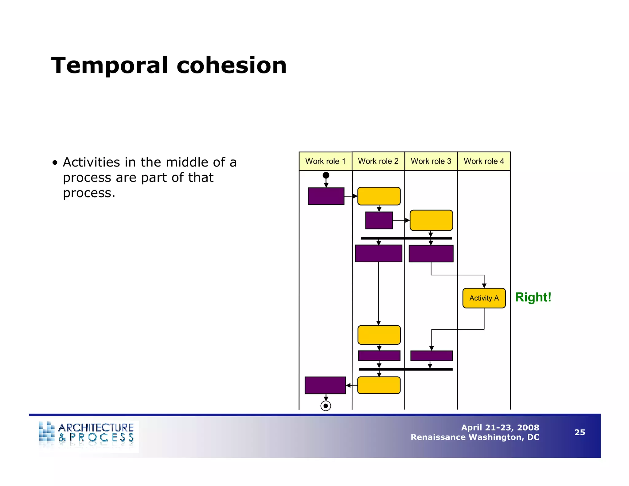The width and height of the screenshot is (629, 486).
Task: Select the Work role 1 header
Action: pyautogui.click(x=325, y=161)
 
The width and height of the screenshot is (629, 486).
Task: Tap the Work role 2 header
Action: pyautogui.click(x=378, y=161)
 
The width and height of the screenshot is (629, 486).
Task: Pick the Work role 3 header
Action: pyautogui.click(x=431, y=161)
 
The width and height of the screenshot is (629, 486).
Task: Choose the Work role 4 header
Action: pyautogui.click(x=484, y=161)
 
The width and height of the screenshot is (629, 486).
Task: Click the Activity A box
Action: pyautogui.click(x=484, y=298)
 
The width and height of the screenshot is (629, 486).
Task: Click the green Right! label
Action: pyautogui.click(x=533, y=297)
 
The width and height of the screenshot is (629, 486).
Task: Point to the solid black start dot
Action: pyautogui.click(x=326, y=175)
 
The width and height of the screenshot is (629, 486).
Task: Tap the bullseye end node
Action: pyautogui.click(x=326, y=406)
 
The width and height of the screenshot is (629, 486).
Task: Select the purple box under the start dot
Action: pyautogui.click(x=326, y=196)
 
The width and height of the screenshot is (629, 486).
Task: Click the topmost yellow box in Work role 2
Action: pyautogui.click(x=379, y=196)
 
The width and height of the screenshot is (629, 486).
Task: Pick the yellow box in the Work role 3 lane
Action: pyautogui.click(x=431, y=220)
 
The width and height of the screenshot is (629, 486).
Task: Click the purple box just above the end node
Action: pyautogui.click(x=325, y=385)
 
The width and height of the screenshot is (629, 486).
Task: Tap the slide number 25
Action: pyautogui.click(x=580, y=432)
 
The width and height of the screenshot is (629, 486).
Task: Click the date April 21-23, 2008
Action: pyautogui.click(x=500, y=427)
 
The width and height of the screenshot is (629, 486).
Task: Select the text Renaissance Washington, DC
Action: pyautogui.click(x=475, y=437)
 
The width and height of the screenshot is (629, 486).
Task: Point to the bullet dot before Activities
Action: pyautogui.click(x=55, y=163)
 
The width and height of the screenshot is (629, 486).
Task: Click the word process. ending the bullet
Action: pyautogui.click(x=89, y=193)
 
